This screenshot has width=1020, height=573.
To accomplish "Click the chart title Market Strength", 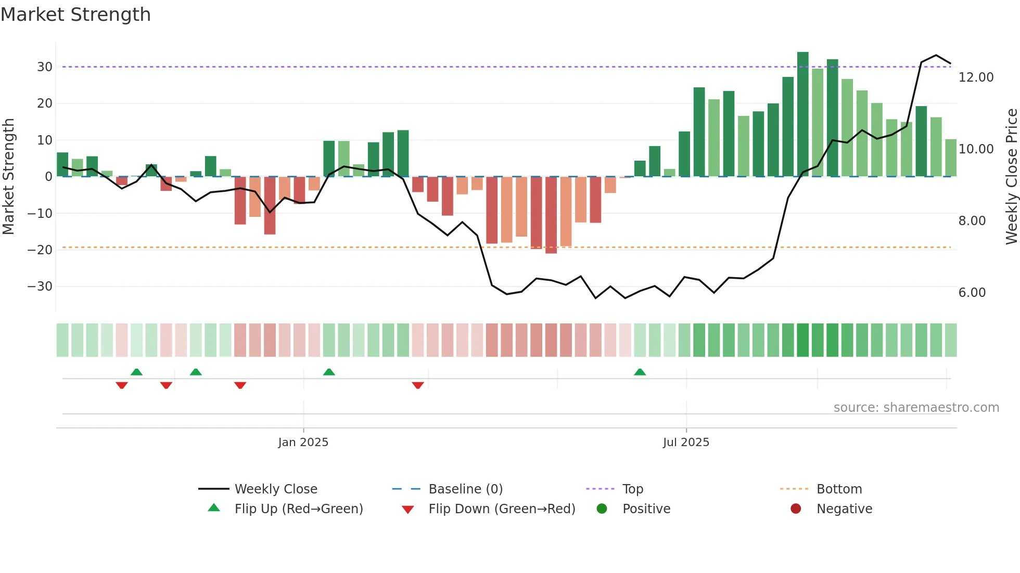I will (75, 15).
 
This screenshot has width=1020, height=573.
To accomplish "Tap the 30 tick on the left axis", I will (44, 67).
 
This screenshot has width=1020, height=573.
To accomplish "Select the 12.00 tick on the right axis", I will (976, 77).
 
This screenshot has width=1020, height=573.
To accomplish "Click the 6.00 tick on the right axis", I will (972, 293).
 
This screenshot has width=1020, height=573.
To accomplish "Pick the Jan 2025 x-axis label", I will (303, 442).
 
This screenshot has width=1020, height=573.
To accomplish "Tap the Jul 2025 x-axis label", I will (686, 442).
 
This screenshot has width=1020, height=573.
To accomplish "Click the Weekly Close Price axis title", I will (1011, 177).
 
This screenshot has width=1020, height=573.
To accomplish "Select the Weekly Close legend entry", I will (275, 489).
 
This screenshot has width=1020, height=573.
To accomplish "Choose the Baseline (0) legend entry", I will (465, 489).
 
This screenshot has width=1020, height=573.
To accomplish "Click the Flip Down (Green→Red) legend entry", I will (502, 509).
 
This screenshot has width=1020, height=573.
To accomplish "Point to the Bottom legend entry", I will (839, 489).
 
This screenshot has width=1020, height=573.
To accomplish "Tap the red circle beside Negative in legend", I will (796, 509).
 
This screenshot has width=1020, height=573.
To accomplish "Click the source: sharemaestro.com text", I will (916, 408).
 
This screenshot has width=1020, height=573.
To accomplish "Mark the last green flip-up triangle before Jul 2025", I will (640, 372).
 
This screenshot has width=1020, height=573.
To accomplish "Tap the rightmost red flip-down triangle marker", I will (417, 385).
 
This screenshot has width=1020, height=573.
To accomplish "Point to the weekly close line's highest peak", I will (936, 55).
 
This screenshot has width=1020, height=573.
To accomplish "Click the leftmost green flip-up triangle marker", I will (136, 372).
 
